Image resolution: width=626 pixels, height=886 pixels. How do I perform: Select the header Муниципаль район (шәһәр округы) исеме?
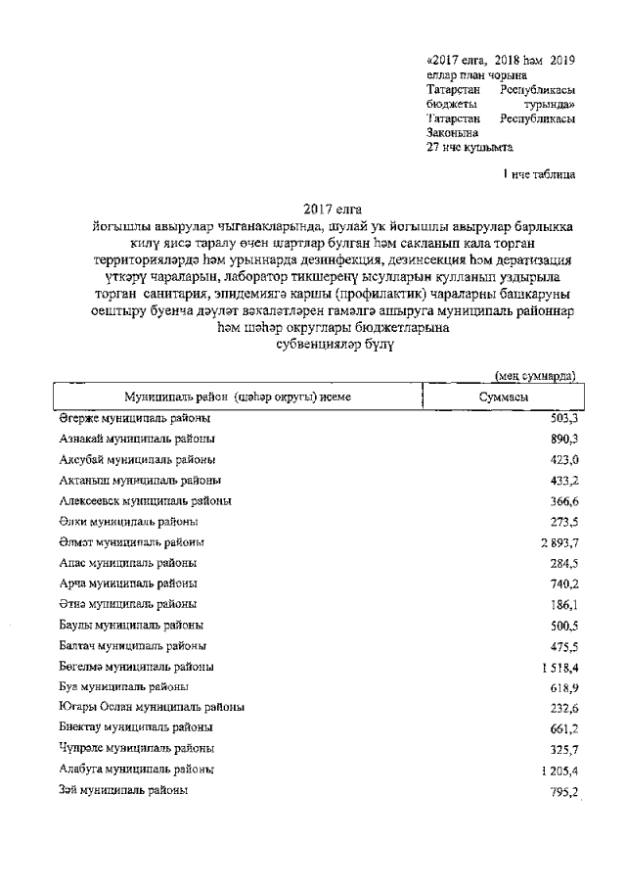[238, 396]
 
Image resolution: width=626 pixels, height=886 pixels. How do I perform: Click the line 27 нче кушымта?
[469, 148]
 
